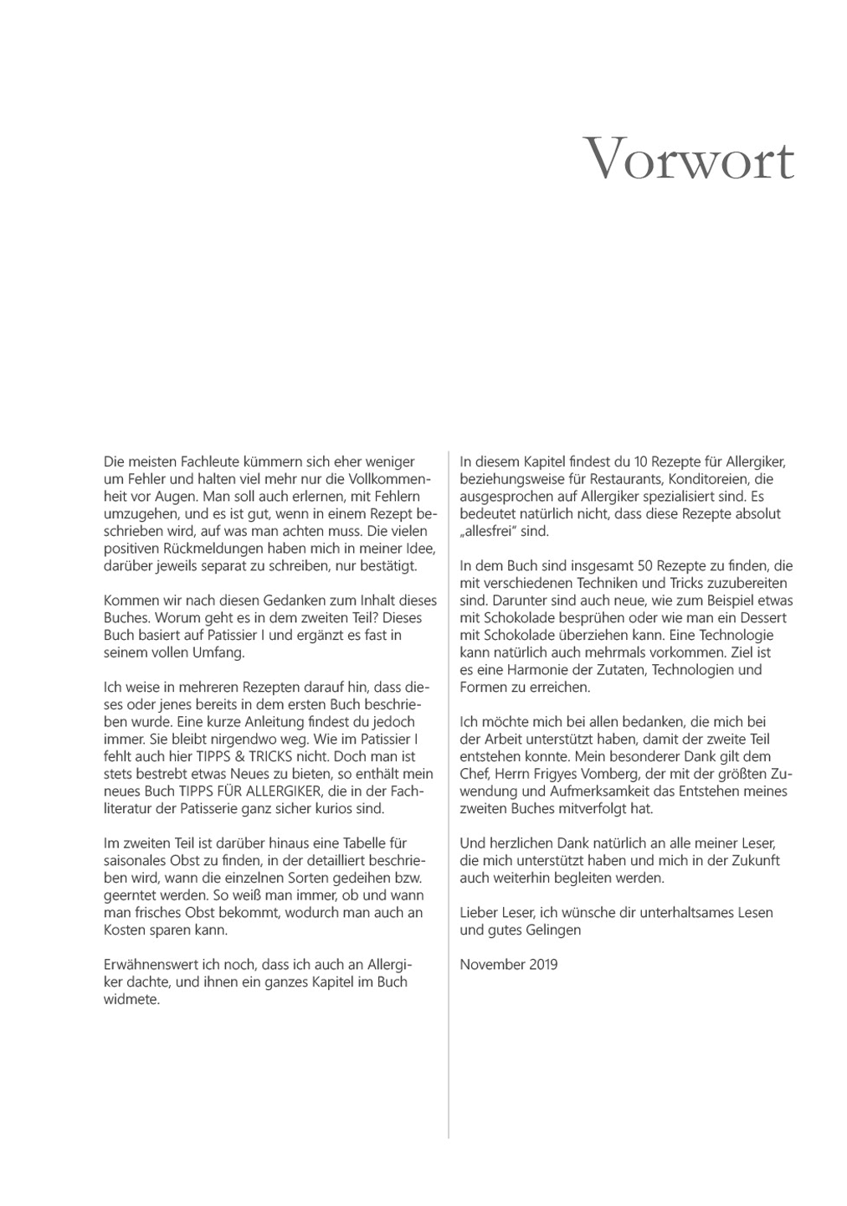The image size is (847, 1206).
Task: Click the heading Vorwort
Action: (688, 158)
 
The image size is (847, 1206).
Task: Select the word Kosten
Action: (124, 930)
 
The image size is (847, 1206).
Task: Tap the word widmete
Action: (131, 999)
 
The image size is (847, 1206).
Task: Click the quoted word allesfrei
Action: (488, 531)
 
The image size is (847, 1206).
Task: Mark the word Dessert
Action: (766, 618)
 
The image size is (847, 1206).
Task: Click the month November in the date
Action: (492, 965)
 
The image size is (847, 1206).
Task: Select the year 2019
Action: (543, 965)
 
